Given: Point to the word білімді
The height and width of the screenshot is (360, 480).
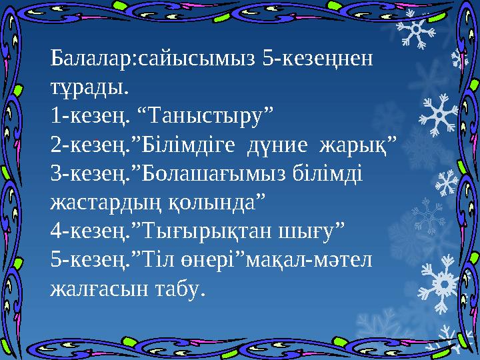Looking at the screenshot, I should (x=326, y=173).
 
